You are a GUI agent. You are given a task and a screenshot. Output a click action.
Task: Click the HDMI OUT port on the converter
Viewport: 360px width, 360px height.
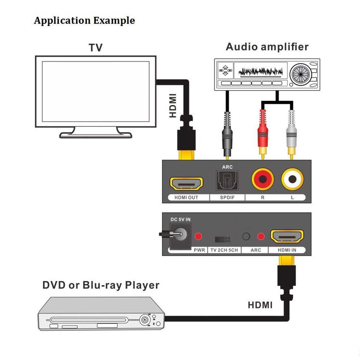click(186, 184)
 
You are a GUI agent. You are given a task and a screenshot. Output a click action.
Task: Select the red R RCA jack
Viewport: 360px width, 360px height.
click(262, 179)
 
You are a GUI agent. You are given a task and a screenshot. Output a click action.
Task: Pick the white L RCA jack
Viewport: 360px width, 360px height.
click(292, 179)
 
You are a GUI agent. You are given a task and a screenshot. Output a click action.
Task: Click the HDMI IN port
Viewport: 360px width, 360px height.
click(287, 236)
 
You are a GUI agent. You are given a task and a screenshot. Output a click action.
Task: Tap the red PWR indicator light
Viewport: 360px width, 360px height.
click(198, 236)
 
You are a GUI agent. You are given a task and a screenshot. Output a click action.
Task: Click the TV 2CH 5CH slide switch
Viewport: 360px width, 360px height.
click(222, 239)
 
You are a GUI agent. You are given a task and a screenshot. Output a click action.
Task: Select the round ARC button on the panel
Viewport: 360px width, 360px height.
click(246, 236)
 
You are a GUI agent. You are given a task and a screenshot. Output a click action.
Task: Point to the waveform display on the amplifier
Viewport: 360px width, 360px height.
click(260, 71)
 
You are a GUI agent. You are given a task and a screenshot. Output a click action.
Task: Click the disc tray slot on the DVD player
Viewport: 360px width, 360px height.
click(89, 320)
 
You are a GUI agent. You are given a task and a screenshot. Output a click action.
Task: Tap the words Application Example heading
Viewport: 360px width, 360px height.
click(84, 20)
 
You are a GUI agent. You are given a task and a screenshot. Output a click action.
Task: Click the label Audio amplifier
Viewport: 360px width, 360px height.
click(267, 47)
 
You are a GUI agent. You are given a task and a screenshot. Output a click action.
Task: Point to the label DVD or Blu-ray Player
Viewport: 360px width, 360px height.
click(101, 285)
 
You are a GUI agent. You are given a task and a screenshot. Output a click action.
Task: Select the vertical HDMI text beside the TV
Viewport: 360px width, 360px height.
click(173, 106)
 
